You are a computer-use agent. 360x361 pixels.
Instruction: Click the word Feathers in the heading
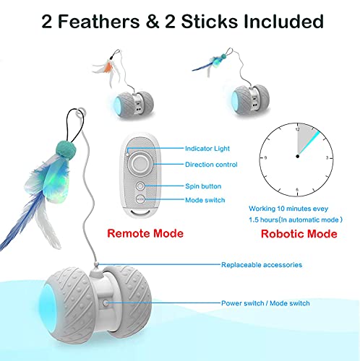[99, 21]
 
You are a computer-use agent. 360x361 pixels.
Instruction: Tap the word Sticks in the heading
[209, 21]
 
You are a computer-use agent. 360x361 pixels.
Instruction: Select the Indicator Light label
[207, 149]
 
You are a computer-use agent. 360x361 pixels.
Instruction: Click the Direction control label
[211, 165]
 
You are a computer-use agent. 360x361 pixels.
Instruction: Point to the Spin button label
[203, 186]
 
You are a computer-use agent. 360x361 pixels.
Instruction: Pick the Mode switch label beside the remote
[205, 200]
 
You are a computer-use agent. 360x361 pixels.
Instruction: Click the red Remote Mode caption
[145, 233]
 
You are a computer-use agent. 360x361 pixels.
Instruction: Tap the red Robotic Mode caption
[299, 234]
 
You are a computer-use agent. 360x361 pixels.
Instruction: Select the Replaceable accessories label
[262, 265]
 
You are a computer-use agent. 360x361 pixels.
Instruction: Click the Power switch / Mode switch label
[265, 303]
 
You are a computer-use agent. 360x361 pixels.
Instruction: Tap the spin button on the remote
[140, 186]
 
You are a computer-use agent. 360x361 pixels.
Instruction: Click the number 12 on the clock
[298, 129]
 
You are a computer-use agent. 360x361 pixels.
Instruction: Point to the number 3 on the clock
[327, 158]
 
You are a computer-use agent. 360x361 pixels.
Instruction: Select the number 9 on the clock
[265, 158]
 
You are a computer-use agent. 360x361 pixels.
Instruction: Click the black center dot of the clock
[298, 157]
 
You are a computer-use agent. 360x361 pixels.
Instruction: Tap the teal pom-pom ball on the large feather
[66, 149]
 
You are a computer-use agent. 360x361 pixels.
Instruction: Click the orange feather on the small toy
[108, 66]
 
